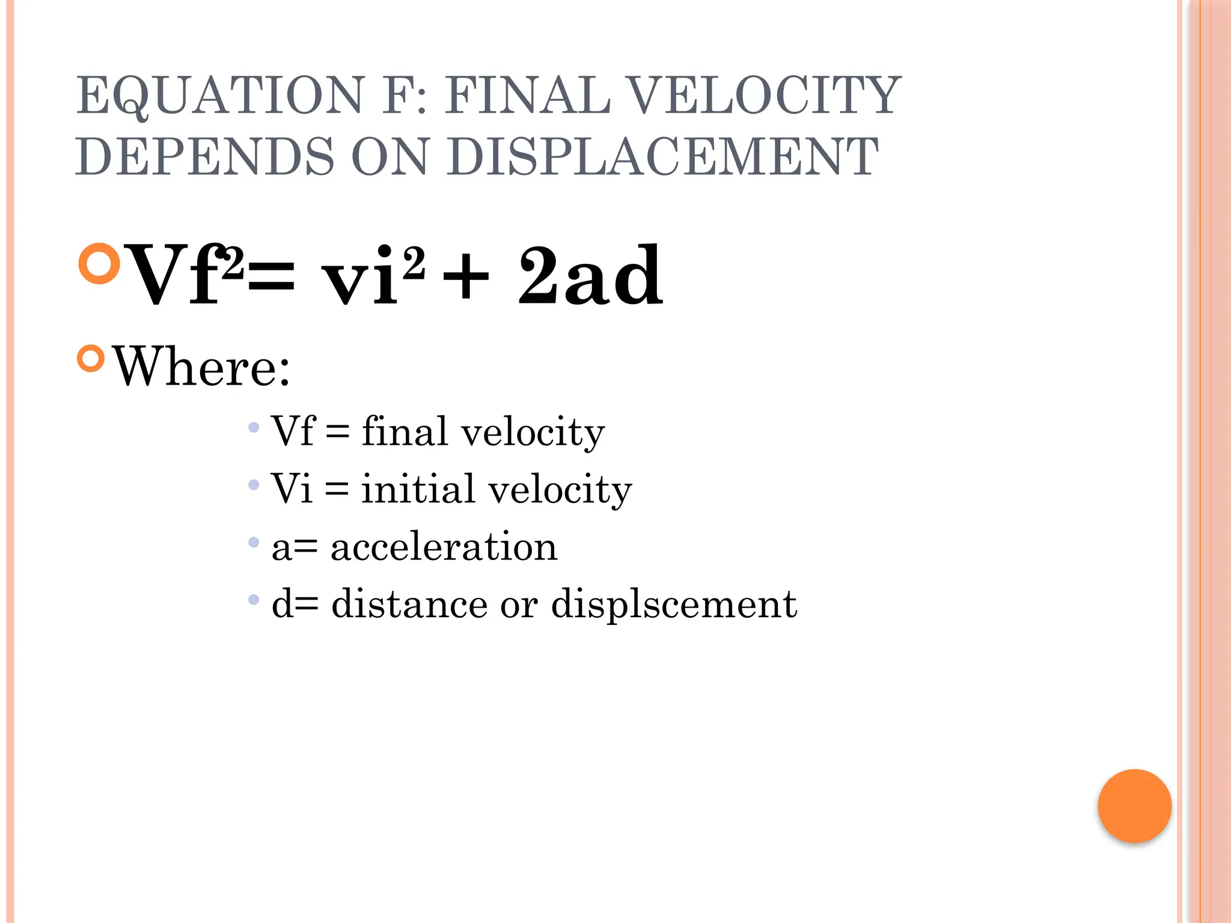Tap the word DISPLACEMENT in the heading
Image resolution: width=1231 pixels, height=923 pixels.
click(x=662, y=157)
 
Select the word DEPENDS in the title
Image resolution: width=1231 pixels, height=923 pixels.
click(x=204, y=157)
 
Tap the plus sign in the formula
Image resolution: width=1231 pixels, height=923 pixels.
click(x=465, y=278)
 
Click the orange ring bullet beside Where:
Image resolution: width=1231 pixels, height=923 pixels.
click(x=91, y=359)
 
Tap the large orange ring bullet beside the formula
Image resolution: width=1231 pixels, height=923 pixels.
click(x=100, y=263)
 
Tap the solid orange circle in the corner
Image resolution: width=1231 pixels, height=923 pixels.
click(x=1134, y=806)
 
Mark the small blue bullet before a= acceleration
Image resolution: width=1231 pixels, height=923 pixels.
click(x=254, y=543)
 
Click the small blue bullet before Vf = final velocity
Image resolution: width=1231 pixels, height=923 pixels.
click(x=254, y=428)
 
